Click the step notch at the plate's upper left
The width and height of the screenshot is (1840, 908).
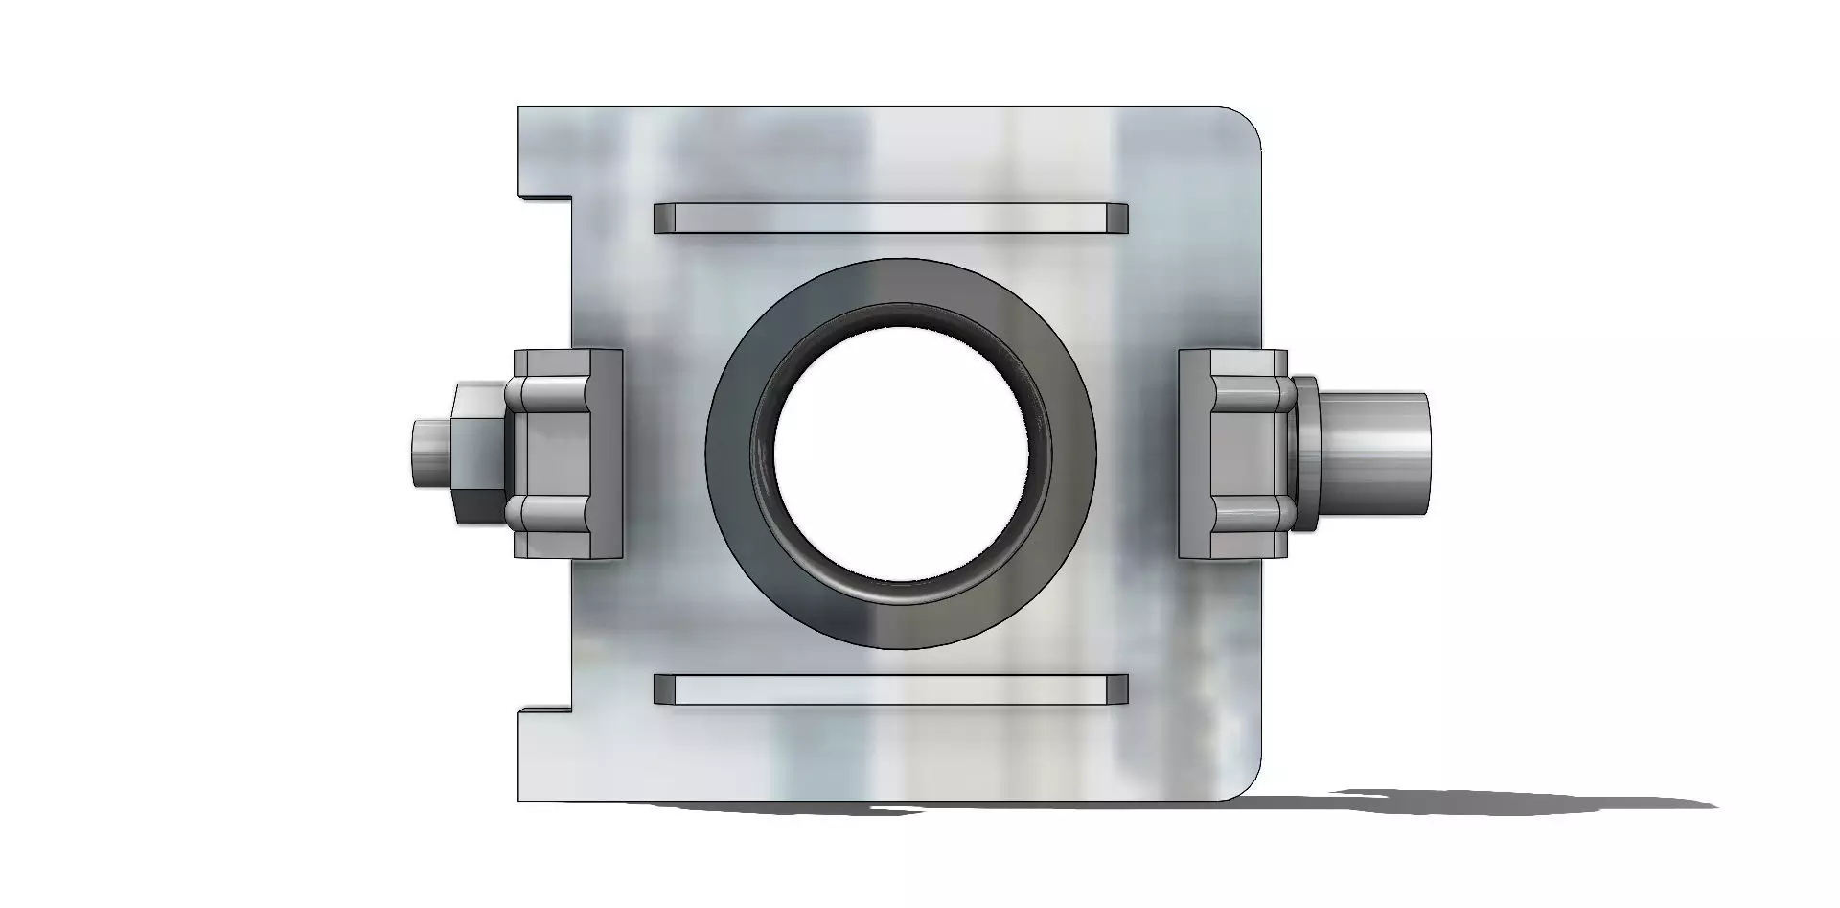coord(546,198)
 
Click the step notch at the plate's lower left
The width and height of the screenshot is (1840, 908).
coord(546,710)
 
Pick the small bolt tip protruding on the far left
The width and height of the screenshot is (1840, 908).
coord(429,453)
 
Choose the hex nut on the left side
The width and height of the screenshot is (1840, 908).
coord(476,453)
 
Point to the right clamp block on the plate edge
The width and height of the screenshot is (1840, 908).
coord(1231,453)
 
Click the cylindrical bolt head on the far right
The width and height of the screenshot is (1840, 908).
coord(1375,453)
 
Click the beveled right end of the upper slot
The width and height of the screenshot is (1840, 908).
coord(1116,219)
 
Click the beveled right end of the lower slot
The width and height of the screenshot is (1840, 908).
coord(1116,689)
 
